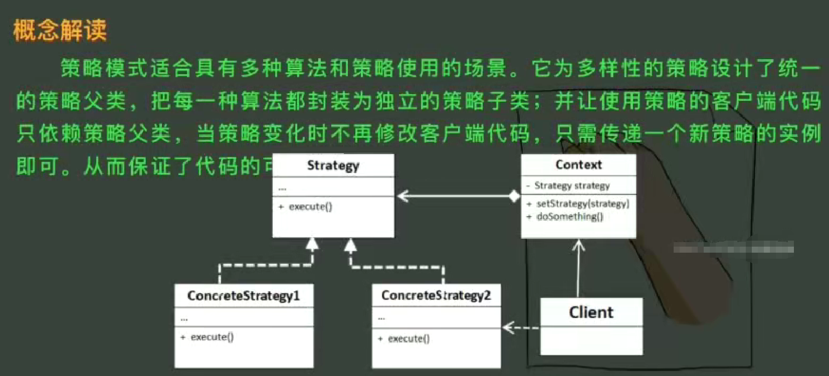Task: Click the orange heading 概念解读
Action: coord(60,30)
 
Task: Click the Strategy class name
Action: coord(333,165)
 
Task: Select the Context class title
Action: coord(578,164)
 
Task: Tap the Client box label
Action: coord(591,312)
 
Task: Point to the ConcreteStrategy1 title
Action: coord(244,296)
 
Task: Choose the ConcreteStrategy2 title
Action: coord(436,295)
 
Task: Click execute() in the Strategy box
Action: coord(310,207)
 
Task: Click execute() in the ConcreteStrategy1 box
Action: coord(212,337)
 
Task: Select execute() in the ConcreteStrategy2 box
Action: coord(408,339)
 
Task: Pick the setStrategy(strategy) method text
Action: coord(582,204)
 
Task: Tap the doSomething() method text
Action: coord(570,217)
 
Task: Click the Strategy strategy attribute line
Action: coord(572,185)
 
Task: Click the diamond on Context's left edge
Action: coord(514,196)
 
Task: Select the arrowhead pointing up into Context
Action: coord(579,245)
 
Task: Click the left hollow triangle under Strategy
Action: coord(312,244)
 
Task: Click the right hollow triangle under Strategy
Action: coord(350,245)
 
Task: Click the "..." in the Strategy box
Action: coord(282,189)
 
